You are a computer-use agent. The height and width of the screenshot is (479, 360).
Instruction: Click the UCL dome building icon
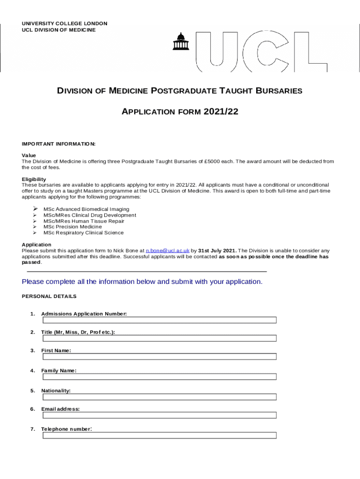pos(180,42)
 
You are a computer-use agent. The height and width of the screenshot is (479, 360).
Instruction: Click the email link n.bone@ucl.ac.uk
pos(168,251)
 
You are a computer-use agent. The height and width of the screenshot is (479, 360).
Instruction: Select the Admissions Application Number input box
pos(159,320)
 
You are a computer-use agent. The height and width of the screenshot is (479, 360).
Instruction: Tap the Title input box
pos(159,338)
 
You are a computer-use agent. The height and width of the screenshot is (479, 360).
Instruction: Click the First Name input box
pos(159,356)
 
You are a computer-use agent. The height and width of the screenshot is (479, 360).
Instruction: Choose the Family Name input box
pos(159,377)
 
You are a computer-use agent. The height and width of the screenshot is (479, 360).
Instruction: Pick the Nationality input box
pos(159,397)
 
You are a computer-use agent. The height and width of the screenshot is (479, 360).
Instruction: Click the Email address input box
pos(159,415)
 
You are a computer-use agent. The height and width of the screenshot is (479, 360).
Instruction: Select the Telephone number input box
pos(159,435)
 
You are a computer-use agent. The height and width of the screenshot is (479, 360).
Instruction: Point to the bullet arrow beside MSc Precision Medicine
pos(34,226)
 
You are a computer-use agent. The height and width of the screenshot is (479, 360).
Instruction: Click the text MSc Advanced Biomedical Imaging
pos(86,209)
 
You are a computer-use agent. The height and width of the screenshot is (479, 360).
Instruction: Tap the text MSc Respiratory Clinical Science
pos(83,232)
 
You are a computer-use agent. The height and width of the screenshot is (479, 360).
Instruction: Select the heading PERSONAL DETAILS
pos(49,297)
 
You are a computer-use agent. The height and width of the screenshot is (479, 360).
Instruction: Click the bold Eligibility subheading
pos(34,179)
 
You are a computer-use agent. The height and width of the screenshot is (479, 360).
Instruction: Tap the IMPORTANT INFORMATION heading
pos(58,144)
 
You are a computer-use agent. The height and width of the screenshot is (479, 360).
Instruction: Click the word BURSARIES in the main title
pos(278,91)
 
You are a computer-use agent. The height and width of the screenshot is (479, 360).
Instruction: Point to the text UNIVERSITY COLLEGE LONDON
pos(65,23)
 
